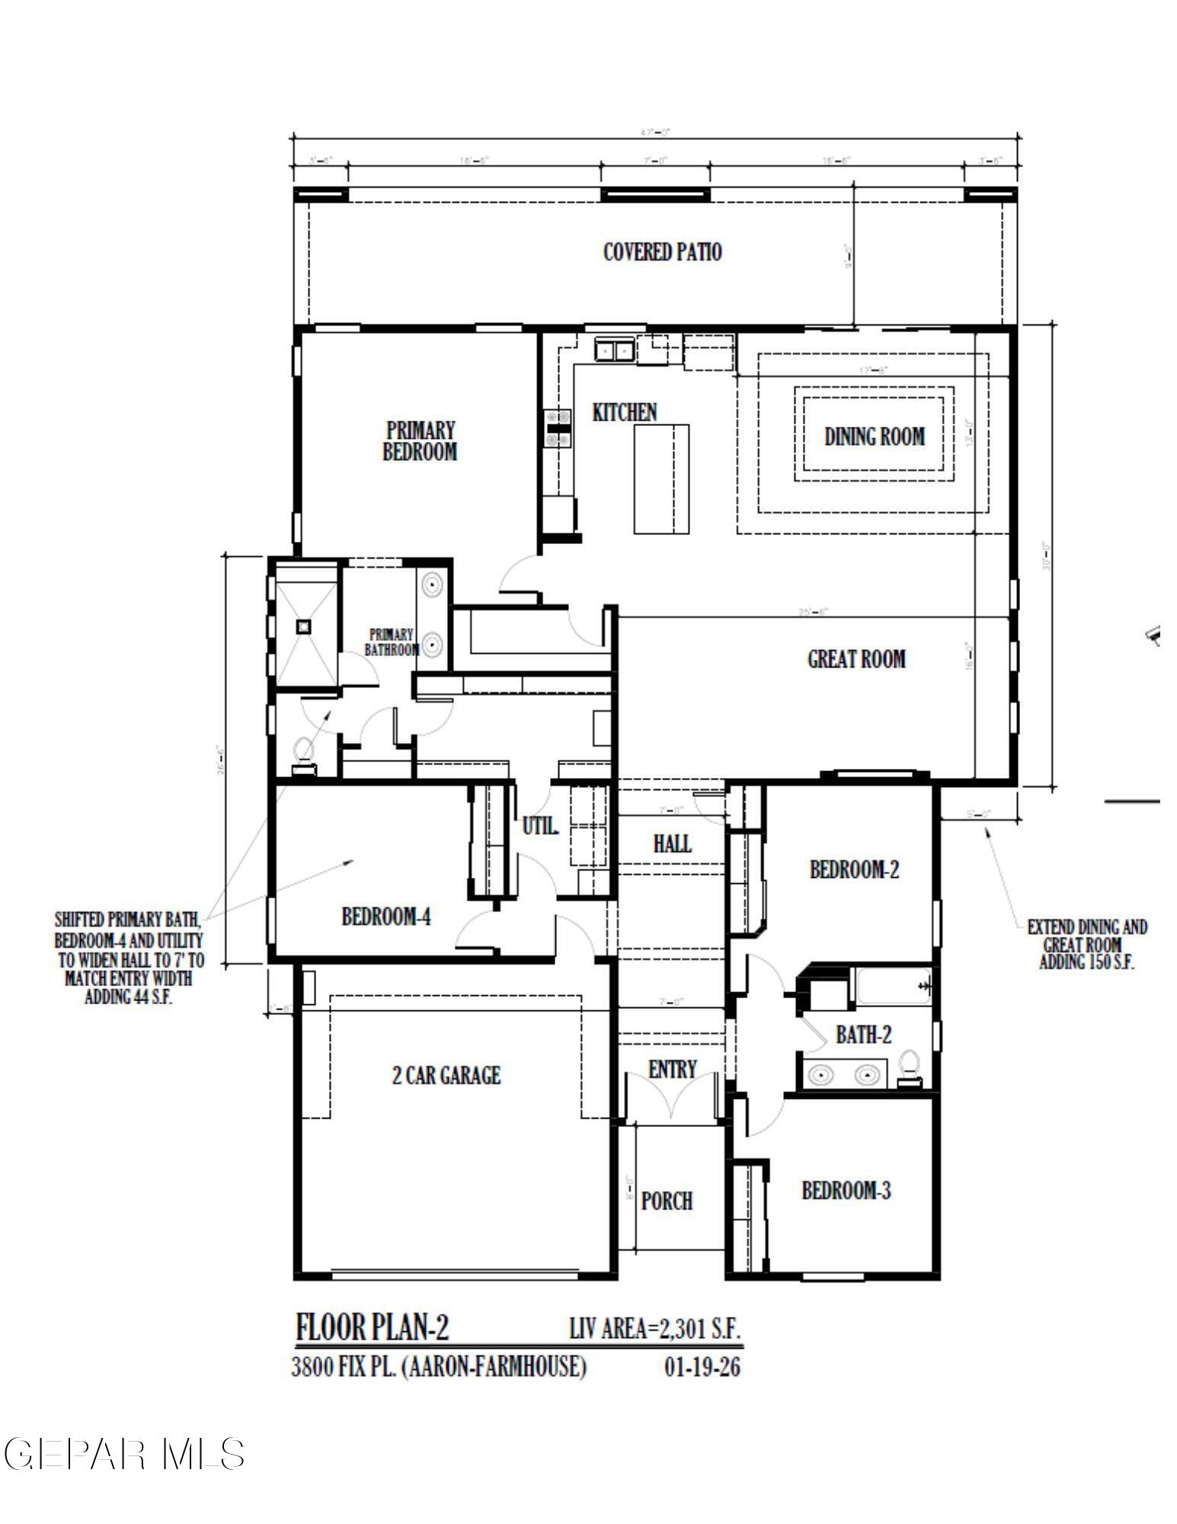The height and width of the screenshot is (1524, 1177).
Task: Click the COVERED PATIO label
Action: (x=662, y=252)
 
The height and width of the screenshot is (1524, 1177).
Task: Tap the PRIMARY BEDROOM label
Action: (x=420, y=440)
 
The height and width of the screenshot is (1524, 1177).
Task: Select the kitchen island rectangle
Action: (x=661, y=479)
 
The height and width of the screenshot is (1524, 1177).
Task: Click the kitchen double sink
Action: (x=613, y=350)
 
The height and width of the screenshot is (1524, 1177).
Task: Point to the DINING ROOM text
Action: (x=874, y=437)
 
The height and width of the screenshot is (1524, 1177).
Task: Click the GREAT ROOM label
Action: (x=856, y=658)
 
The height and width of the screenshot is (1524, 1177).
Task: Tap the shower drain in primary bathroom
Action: (x=304, y=626)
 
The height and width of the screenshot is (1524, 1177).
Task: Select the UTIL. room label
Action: (x=539, y=825)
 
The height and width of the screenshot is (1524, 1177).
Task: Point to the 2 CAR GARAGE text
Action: (x=446, y=1075)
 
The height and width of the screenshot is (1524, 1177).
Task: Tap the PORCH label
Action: (x=667, y=1201)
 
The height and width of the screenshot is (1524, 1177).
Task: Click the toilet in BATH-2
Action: (x=909, y=1067)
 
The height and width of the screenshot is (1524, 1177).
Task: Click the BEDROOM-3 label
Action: (x=846, y=1190)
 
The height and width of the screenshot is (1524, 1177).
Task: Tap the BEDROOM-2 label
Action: (x=853, y=869)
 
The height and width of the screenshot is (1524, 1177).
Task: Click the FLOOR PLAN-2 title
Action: (x=372, y=1327)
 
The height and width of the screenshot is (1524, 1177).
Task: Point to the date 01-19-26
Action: (x=702, y=1367)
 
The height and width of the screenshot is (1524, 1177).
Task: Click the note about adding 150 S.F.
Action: (x=1086, y=944)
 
